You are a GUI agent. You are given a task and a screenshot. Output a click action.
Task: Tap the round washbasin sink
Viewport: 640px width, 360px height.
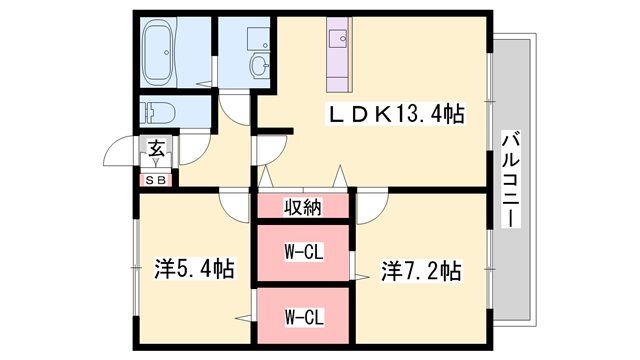[259, 67]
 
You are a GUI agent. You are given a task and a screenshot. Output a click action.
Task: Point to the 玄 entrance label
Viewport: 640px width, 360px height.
[157, 149]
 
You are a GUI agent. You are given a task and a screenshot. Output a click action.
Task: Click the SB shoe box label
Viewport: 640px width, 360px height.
[157, 180]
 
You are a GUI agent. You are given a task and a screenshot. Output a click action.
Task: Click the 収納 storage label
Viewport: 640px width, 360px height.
[302, 208]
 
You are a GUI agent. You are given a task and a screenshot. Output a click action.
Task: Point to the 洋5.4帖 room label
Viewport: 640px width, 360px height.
[194, 269]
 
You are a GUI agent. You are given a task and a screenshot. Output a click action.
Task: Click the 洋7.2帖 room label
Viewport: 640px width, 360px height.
[420, 269]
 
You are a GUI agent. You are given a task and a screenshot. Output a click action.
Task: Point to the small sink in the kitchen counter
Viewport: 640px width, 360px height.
[336, 41]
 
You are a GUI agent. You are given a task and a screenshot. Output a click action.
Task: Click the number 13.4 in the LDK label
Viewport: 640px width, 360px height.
[414, 114]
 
